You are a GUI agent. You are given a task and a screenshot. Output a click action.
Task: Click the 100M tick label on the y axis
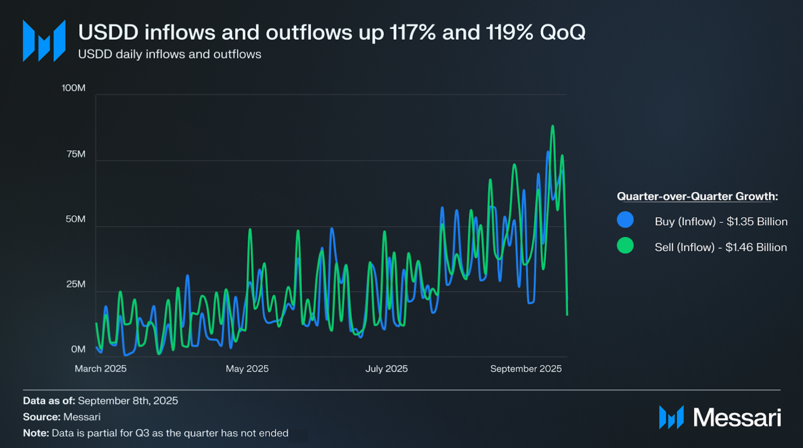click(73, 88)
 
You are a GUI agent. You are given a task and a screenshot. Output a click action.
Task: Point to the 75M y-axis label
click(76, 154)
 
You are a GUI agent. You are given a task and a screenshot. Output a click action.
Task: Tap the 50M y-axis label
click(75, 219)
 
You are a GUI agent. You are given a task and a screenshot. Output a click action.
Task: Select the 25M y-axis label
click(76, 284)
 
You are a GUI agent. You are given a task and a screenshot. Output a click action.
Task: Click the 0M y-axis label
click(78, 349)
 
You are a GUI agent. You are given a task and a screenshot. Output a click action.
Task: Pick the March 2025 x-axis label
click(100, 369)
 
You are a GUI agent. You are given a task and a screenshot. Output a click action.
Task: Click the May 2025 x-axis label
click(247, 369)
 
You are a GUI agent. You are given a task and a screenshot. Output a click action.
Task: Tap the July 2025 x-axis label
click(387, 369)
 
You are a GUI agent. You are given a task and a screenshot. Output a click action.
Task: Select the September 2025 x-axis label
click(526, 369)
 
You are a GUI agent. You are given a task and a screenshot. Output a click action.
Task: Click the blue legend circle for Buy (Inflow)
click(625, 220)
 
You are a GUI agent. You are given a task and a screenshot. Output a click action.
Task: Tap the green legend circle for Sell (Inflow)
click(625, 246)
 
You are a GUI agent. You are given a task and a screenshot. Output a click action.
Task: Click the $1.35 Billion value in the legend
click(757, 222)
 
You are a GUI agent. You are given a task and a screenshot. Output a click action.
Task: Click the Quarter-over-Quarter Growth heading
click(697, 196)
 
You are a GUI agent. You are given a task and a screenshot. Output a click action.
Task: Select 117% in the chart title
click(412, 33)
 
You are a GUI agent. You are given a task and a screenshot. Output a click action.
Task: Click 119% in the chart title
click(509, 33)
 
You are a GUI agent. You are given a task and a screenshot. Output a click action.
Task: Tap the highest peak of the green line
click(553, 126)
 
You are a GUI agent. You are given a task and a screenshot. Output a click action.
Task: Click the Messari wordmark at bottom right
click(737, 417)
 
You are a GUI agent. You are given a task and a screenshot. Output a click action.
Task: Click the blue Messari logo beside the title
click(44, 41)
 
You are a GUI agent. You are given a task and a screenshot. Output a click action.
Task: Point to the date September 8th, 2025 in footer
click(128, 401)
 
